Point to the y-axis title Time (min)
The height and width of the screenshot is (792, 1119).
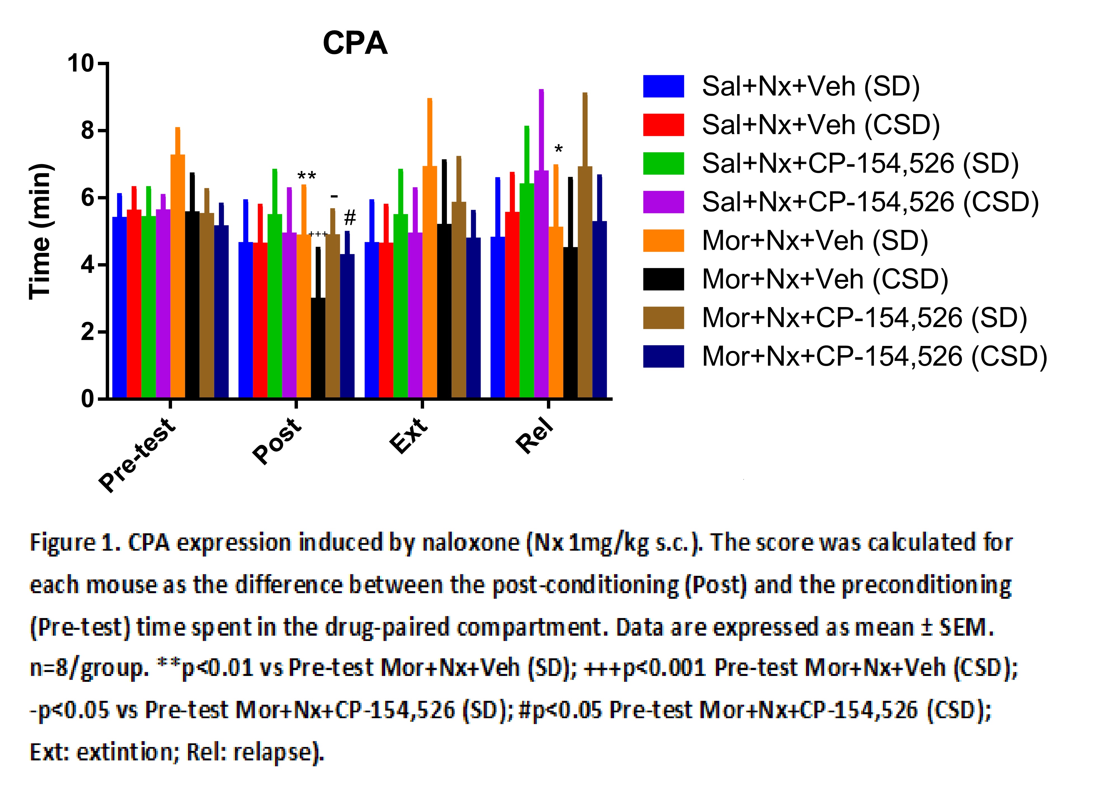click(41, 231)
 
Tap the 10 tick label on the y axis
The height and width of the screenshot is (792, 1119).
click(81, 63)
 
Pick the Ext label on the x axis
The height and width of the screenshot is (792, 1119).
click(409, 435)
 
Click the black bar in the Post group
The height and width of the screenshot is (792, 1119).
click(318, 347)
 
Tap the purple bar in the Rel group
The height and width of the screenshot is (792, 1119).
click(541, 284)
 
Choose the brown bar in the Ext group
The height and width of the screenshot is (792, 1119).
click(459, 300)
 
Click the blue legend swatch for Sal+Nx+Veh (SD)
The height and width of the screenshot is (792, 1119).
click(663, 86)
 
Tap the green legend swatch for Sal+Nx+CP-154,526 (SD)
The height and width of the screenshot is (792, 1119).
click(663, 163)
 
